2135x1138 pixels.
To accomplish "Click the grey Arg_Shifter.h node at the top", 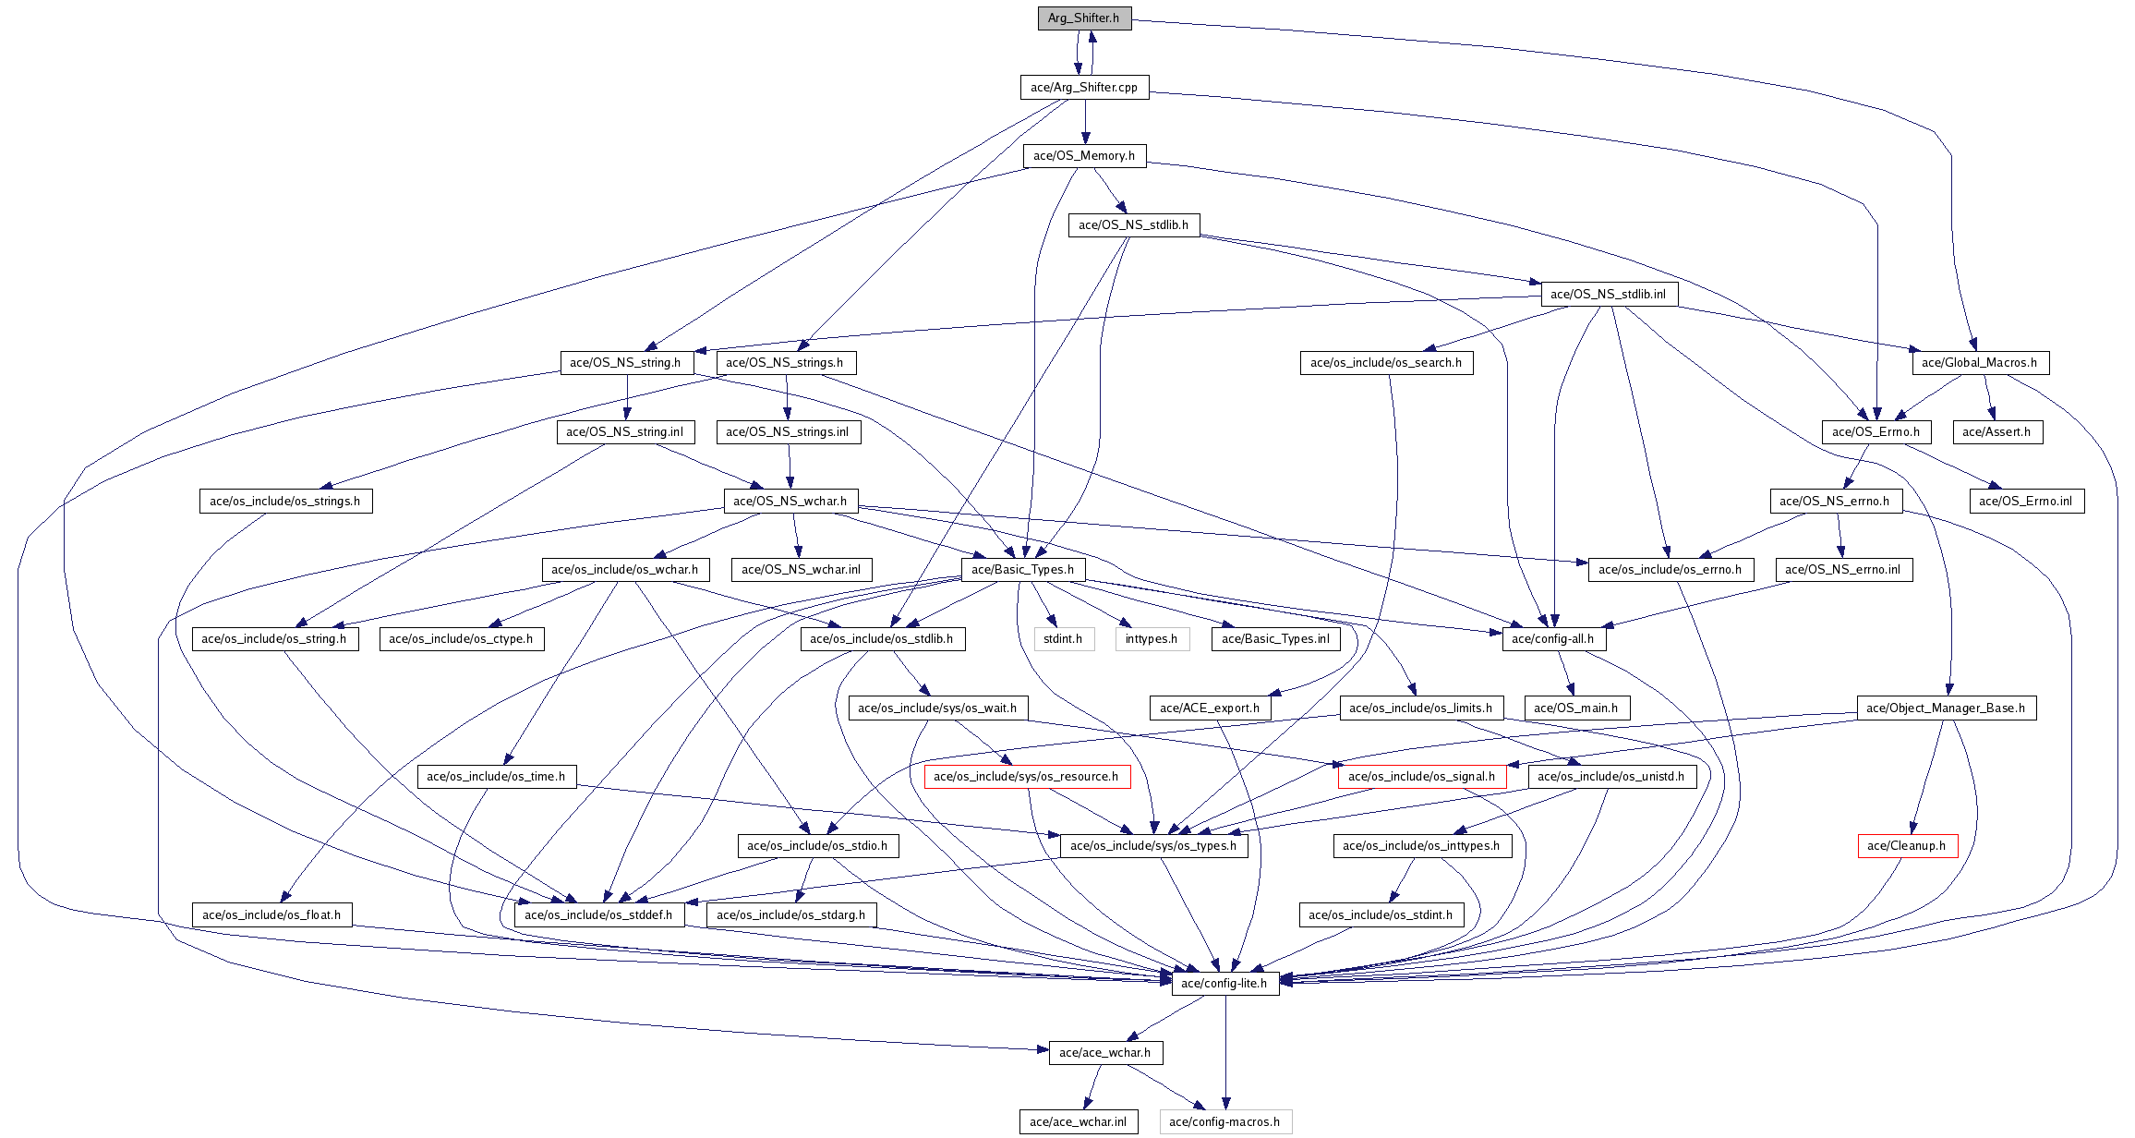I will [x=1084, y=18].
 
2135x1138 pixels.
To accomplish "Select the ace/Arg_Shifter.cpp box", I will [x=1084, y=88].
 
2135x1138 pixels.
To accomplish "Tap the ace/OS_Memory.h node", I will [x=1084, y=156].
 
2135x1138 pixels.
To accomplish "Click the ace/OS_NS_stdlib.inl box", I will [x=1609, y=295].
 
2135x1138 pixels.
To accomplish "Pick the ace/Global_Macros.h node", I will [x=1980, y=363].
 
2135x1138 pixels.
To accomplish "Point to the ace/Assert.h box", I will [x=1996, y=432].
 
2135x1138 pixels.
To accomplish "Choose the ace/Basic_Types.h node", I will [x=1023, y=570].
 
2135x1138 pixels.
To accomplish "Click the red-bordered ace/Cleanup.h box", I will [x=1907, y=846].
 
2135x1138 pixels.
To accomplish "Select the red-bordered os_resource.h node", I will [x=1027, y=777].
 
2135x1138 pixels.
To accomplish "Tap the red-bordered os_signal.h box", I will [x=1422, y=777].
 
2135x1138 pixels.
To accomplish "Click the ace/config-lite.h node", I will [x=1224, y=984].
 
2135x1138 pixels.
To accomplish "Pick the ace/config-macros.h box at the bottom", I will [x=1224, y=1122].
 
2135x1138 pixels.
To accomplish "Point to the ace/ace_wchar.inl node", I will [x=1079, y=1122].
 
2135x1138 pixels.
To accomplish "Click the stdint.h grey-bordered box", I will [x=1064, y=639].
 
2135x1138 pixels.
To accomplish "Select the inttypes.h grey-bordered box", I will [x=1152, y=639].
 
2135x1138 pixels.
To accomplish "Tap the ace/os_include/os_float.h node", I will [x=271, y=915].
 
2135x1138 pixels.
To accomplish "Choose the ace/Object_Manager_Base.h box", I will [x=1946, y=708].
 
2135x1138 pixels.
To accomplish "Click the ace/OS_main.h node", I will [x=1576, y=708].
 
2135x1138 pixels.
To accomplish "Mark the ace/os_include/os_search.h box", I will [x=1386, y=363].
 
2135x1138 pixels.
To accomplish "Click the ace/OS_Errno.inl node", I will [x=2026, y=502].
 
